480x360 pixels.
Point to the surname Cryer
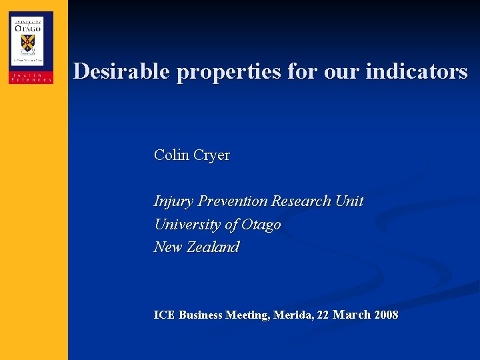[x=211, y=155]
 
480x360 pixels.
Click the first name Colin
[x=171, y=155]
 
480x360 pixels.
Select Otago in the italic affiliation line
[x=261, y=225]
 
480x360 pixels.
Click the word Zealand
[x=213, y=247]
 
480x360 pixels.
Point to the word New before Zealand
[x=168, y=247]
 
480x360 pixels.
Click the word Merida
[x=293, y=315]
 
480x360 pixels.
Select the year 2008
[x=386, y=315]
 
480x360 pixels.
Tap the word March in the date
[x=351, y=315]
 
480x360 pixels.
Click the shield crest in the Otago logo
[x=28, y=43]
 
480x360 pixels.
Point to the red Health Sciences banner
[x=31, y=77]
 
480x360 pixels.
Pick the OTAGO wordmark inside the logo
[x=28, y=27]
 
